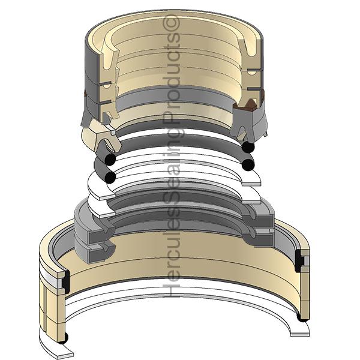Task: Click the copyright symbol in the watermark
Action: pyautogui.click(x=171, y=24)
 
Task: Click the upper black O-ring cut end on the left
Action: pyautogui.click(x=110, y=160)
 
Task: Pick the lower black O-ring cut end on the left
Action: pyautogui.click(x=110, y=177)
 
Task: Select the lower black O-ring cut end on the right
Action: pyautogui.click(x=248, y=164)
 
